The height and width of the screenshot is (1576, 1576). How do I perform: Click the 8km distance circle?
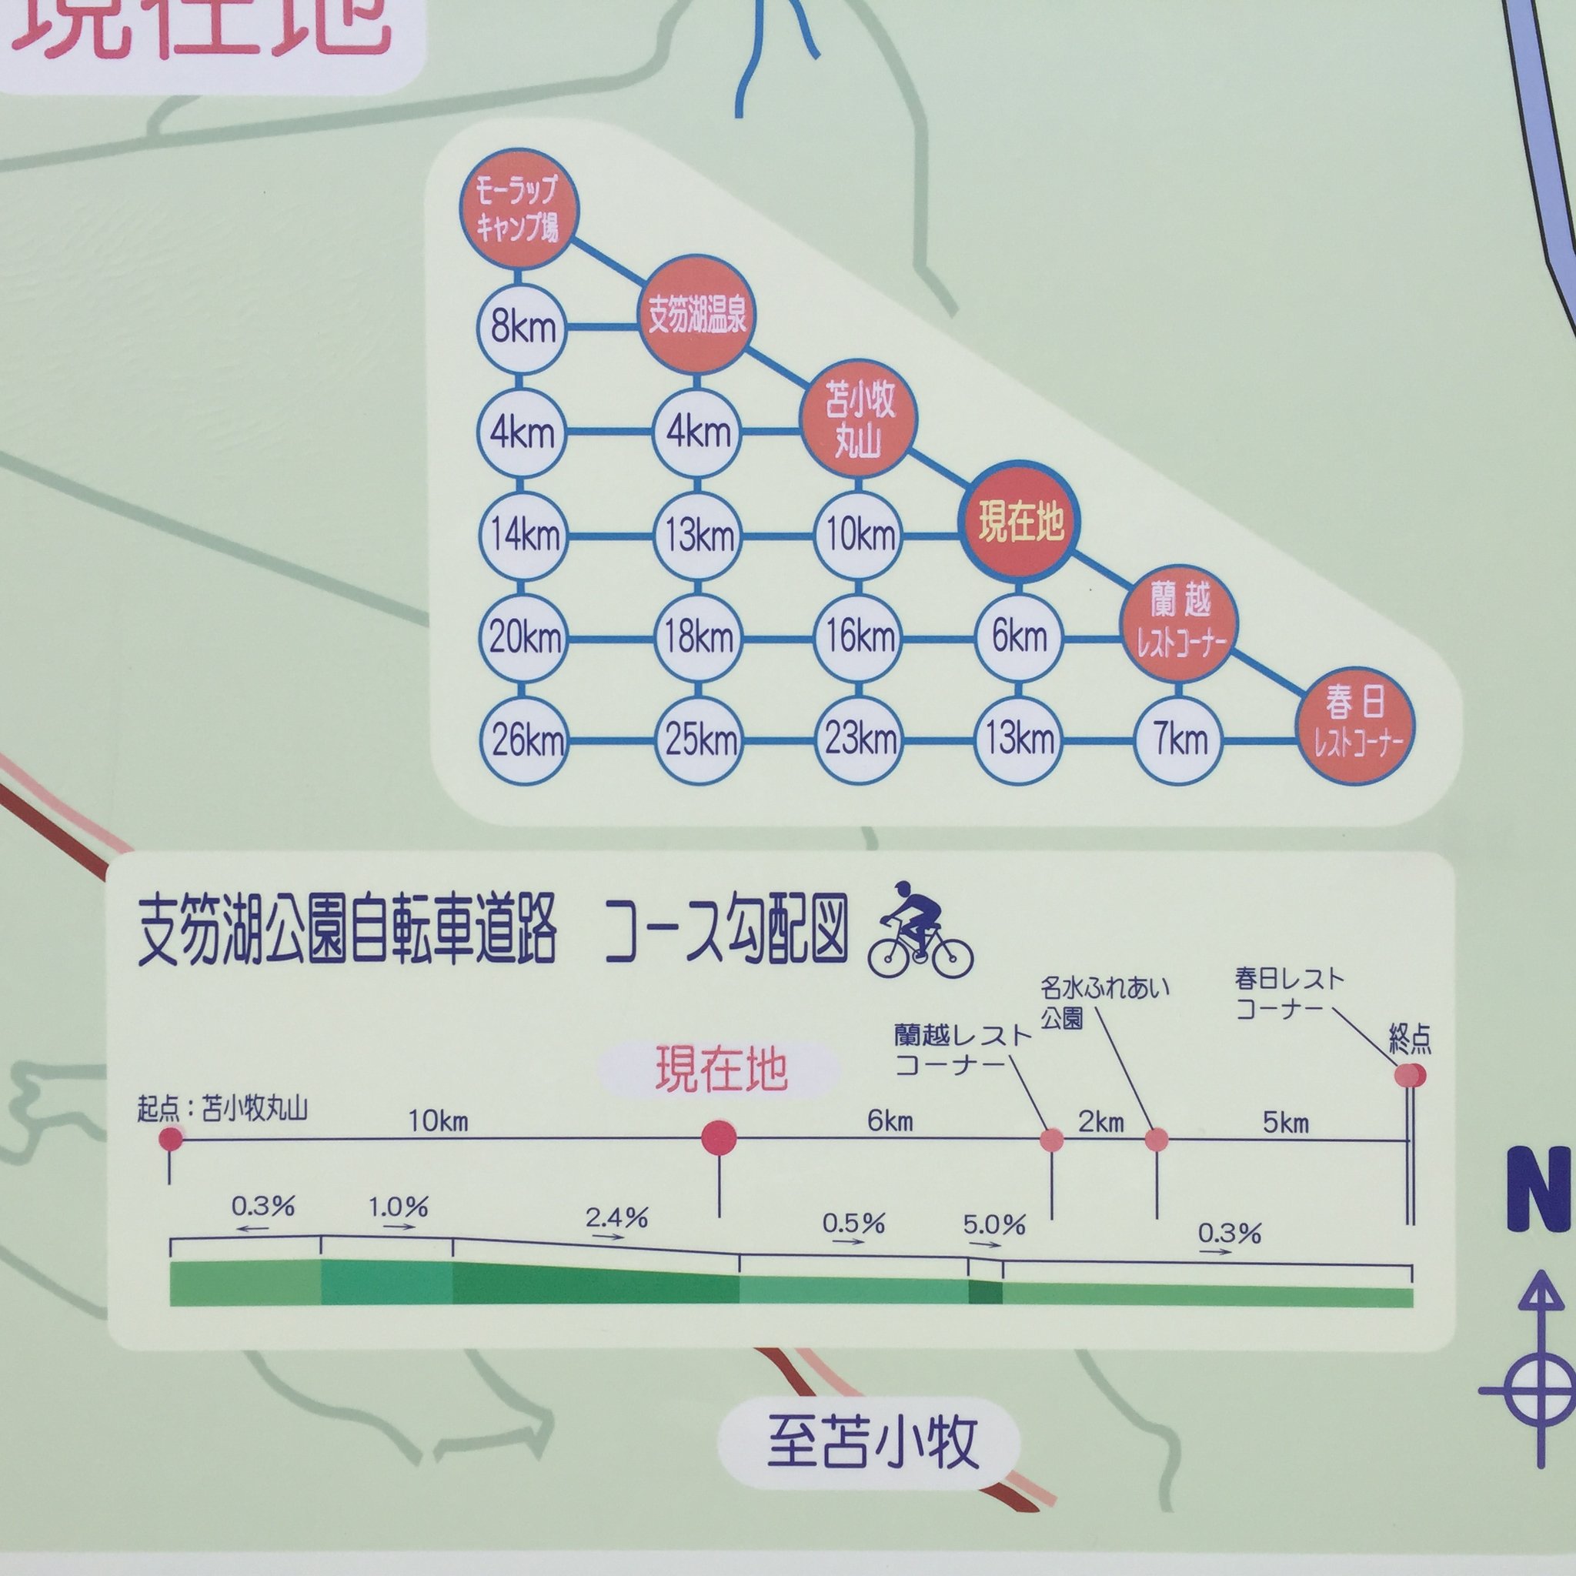tap(522, 328)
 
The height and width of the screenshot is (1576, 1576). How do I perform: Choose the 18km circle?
tap(697, 638)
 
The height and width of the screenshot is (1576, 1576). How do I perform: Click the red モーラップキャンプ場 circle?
tap(518, 209)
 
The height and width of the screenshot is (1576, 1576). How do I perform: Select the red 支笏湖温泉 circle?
tap(696, 315)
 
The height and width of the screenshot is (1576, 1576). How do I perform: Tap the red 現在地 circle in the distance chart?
tap(1020, 522)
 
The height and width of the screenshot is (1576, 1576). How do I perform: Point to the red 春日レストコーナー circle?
tap(1355, 724)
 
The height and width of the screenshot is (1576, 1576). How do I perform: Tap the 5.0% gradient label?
tap(993, 1224)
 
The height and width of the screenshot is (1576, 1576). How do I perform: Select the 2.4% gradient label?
tap(616, 1219)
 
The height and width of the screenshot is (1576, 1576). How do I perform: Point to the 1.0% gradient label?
tap(398, 1207)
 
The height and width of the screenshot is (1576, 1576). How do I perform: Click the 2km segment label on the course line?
tap(1101, 1123)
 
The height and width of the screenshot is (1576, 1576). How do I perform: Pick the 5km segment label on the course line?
tap(1286, 1123)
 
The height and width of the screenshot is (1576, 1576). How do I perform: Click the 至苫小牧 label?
tap(871, 1442)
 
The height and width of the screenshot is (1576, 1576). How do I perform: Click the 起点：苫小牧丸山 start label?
tap(222, 1110)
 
